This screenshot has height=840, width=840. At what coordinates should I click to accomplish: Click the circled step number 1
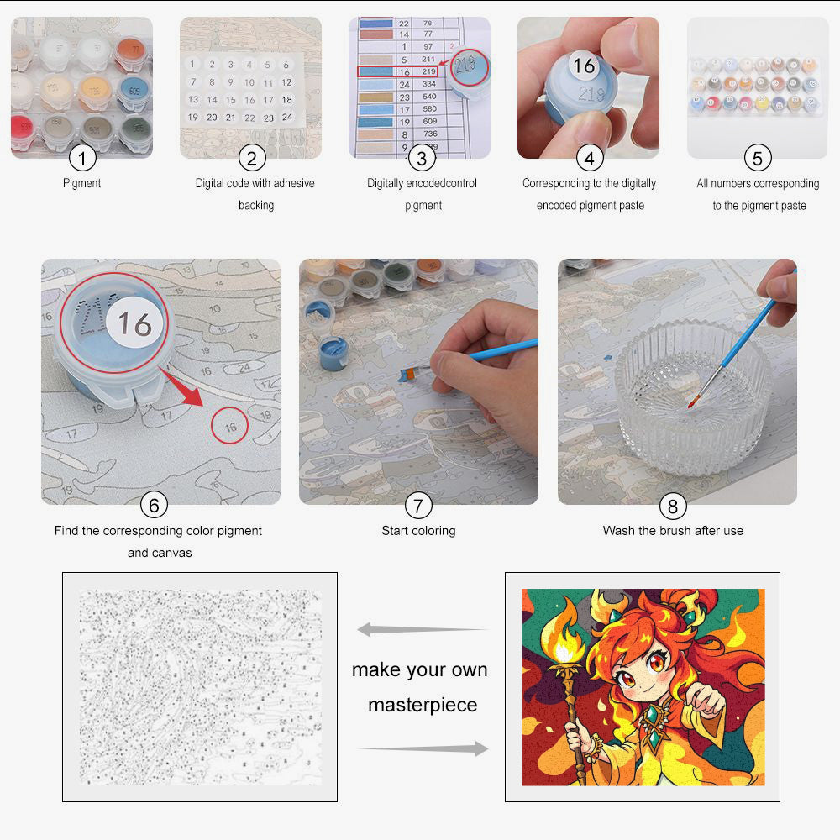pos(82,157)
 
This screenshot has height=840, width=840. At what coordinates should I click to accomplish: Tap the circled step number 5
pos(758,157)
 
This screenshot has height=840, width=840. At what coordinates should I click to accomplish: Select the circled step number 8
pos(672,505)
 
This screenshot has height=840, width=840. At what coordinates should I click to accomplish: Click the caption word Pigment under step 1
pos(82,183)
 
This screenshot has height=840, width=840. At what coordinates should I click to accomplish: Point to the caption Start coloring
pos(418,531)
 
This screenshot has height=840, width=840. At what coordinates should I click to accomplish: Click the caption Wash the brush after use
pos(673,531)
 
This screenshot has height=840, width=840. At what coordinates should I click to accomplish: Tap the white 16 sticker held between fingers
pos(584,66)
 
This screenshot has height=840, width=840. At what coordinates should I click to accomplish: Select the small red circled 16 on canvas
pos(230,426)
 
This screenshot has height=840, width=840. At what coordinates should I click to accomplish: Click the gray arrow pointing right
pos(424,748)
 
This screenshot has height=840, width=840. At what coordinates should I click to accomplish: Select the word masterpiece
pos(422,705)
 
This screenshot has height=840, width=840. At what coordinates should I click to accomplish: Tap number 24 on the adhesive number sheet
pos(286,118)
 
